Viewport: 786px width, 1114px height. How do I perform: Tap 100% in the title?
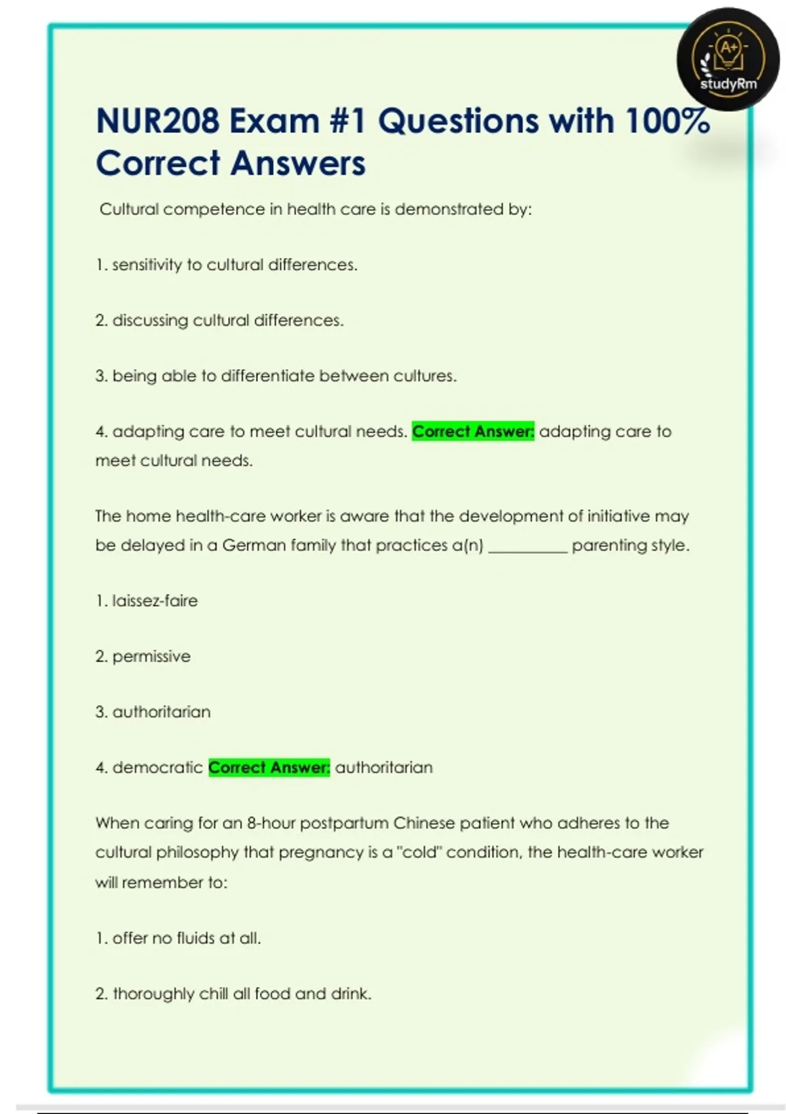point(667,121)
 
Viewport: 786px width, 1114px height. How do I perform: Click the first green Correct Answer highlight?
point(473,432)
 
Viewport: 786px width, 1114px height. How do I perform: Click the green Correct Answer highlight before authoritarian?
point(269,767)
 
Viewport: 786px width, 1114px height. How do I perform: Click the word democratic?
point(157,767)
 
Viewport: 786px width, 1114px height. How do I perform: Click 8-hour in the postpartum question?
point(271,823)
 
